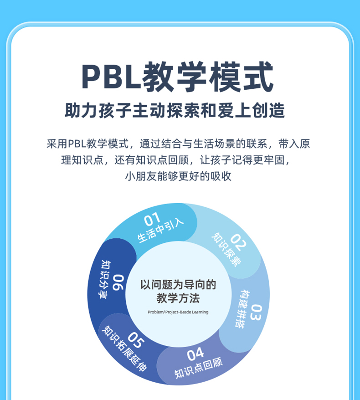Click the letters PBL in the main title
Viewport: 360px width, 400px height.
pyautogui.click(x=111, y=77)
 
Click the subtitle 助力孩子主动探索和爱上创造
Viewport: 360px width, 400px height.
pyautogui.click(x=175, y=111)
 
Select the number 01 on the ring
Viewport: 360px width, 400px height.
pyautogui.click(x=152, y=220)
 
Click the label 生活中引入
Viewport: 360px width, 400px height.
pyautogui.click(x=160, y=231)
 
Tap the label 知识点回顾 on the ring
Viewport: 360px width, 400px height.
pyautogui.click(x=199, y=368)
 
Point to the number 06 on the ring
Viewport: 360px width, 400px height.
pyautogui.click(x=118, y=282)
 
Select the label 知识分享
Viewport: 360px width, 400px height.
pyautogui.click(x=105, y=279)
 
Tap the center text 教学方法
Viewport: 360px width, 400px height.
pyautogui.click(x=178, y=299)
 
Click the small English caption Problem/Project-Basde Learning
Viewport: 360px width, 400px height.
pyautogui.click(x=178, y=312)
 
